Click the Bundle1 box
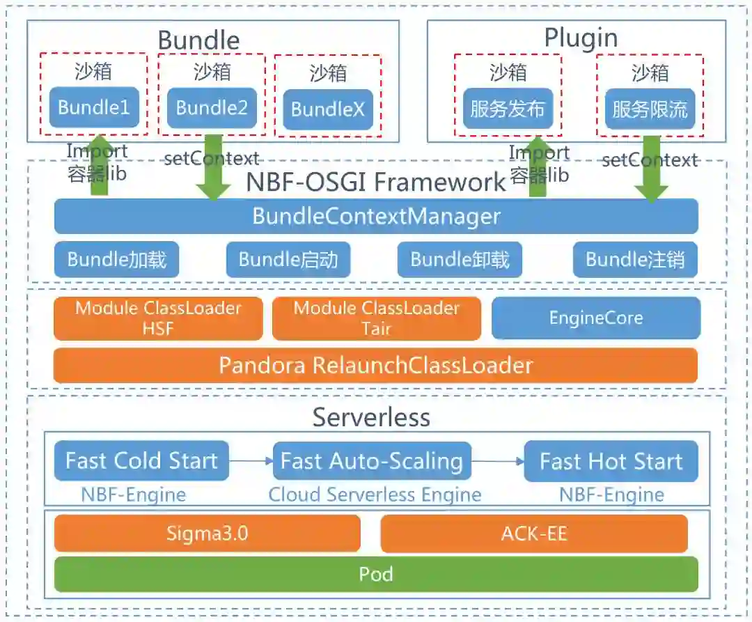coord(94,107)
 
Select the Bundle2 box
coord(212,107)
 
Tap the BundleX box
coord(327,109)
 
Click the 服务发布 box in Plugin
coord(507,109)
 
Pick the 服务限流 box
coord(650,109)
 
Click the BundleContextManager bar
coord(376,216)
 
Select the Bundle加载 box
coord(117,260)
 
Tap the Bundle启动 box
coord(288,260)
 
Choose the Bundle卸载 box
coord(460,260)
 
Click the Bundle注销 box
coord(635,260)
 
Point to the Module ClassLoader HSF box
coord(158,318)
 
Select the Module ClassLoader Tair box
coord(376,318)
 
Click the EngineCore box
coord(595,318)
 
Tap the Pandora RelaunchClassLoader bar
coord(376,365)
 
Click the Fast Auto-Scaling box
coord(372,460)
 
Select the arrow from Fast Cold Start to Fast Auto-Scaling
coord(251,460)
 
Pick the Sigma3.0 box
coord(207,534)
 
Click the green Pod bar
coord(376,574)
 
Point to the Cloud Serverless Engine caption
coord(375,495)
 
